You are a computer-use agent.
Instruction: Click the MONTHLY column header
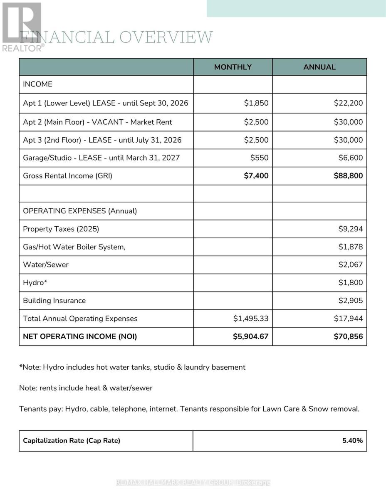[233, 67]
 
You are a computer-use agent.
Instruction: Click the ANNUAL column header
[319, 67]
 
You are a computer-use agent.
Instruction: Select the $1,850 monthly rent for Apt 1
[256, 103]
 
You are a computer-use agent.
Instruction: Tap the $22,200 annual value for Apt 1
[348, 103]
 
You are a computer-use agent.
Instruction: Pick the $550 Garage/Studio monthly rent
[259, 158]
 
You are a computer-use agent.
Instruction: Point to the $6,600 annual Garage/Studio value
[351, 158]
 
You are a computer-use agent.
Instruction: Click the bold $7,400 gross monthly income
[256, 176]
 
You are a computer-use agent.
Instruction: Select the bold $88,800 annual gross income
[348, 176]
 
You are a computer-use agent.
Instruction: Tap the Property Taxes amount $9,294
[351, 229]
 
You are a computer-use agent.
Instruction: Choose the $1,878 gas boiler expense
[351, 247]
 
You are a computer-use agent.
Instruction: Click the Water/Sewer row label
[46, 265]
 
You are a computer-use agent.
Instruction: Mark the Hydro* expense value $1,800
[351, 283]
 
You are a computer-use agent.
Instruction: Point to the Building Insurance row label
[54, 301]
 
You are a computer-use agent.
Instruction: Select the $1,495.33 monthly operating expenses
[251, 319]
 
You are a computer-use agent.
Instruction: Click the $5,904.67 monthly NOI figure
[250, 336]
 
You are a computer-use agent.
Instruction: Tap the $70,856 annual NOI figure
[348, 336]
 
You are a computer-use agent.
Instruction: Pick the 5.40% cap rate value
[352, 440]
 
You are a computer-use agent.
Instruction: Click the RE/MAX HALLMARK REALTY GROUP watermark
[193, 482]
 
